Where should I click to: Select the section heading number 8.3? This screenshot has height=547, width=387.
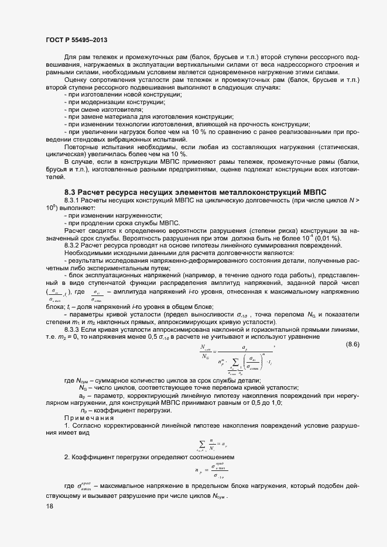[70, 192]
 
